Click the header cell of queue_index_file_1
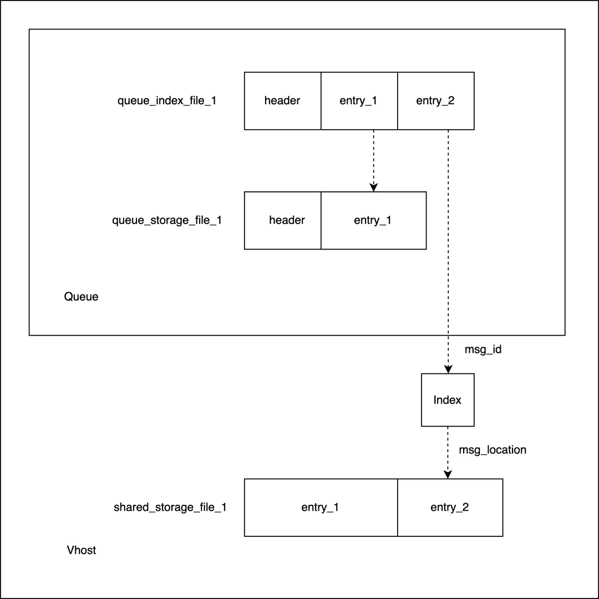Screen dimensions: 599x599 pos(282,101)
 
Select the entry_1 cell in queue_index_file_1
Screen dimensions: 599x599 pos(359,101)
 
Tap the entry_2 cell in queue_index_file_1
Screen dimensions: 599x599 pos(435,101)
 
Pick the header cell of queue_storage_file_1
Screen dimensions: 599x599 pos(283,220)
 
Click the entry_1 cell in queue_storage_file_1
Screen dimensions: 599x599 pos(373,220)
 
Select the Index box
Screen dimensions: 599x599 pos(448,400)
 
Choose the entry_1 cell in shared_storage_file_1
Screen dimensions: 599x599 pos(321,507)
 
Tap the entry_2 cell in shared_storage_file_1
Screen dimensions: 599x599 pos(450,507)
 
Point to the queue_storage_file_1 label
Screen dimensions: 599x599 pos(167,220)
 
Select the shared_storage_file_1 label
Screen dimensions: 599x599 pos(170,507)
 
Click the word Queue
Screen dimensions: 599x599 pos(81,297)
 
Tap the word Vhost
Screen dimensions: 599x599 pos(81,550)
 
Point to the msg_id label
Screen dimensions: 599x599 pos(483,351)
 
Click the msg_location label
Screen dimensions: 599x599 pos(493,450)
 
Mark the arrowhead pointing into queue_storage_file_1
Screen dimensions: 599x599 pos(373,187)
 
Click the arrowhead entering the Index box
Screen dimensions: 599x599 pos(448,369)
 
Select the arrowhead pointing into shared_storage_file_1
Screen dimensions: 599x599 pos(448,475)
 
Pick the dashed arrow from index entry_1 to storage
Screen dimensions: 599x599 pos(373,158)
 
